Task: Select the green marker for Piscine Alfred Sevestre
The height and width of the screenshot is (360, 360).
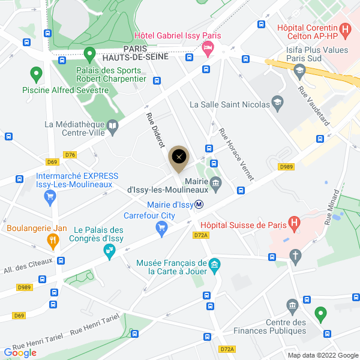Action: click(x=36, y=75)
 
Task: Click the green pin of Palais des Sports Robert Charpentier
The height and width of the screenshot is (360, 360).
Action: click(x=90, y=55)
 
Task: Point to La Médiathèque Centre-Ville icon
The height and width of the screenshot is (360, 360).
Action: click(x=113, y=126)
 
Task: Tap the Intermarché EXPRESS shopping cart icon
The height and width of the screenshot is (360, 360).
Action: click(x=50, y=197)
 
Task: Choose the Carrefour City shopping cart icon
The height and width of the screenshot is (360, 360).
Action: click(x=160, y=227)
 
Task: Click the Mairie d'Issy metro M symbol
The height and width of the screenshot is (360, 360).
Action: click(x=199, y=205)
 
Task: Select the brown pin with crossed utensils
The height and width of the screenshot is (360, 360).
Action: click(x=178, y=158)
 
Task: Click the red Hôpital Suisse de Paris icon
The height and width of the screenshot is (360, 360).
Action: click(x=294, y=225)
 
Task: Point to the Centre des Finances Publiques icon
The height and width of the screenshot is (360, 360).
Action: click(x=292, y=307)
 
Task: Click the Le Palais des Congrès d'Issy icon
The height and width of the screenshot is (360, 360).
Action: click(x=109, y=251)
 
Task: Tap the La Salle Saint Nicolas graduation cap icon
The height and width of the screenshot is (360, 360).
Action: click(x=277, y=104)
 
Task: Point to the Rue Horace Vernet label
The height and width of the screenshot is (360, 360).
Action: click(x=236, y=155)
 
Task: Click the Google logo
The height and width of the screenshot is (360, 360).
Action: click(x=20, y=353)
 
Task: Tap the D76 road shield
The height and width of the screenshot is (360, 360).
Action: click(x=70, y=155)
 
